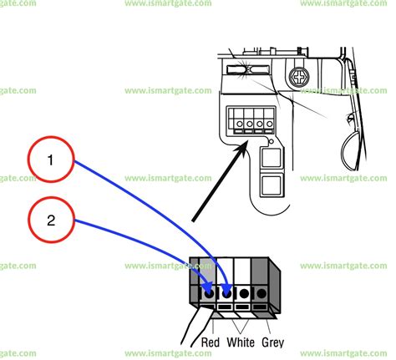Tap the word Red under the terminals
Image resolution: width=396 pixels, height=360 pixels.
pyautogui.click(x=210, y=342)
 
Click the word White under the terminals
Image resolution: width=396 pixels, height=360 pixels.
pyautogui.click(x=241, y=342)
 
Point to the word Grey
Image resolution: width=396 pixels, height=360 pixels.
pyautogui.click(x=272, y=342)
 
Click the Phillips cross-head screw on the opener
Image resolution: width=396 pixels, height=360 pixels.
pyautogui.click(x=297, y=77)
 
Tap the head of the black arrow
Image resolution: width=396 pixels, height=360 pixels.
pyautogui.click(x=246, y=147)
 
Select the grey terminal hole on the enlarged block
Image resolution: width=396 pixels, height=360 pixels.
pyautogui.click(x=261, y=293)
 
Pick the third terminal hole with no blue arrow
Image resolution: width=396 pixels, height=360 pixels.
pyautogui.click(x=243, y=293)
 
